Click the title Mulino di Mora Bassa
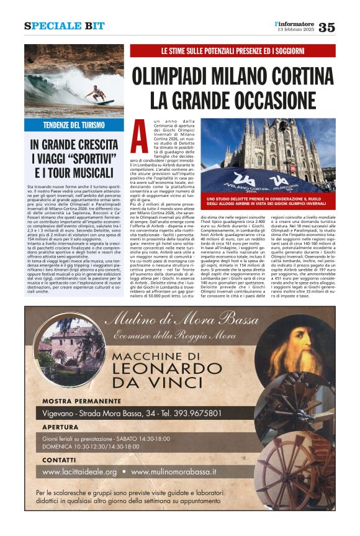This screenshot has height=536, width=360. click(181, 320)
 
